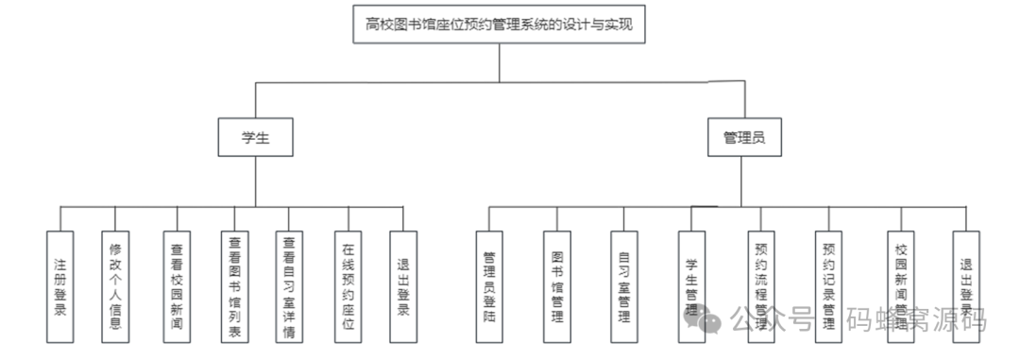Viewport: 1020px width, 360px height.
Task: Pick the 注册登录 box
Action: [x=60, y=286]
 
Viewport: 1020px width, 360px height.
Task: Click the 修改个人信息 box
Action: [x=115, y=286]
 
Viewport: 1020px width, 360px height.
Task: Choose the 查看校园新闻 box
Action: [x=177, y=286]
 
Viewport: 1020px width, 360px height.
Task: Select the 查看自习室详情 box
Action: [x=290, y=286]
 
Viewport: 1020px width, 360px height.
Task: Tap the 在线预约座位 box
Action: [x=348, y=286]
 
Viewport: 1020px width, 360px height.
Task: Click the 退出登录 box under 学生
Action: [x=403, y=286]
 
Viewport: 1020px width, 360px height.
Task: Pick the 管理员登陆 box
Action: [x=489, y=286]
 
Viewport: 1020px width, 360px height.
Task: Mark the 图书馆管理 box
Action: [x=557, y=286]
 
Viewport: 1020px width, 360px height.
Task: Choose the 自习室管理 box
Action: [x=623, y=286]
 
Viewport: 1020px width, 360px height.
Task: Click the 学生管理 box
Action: [x=691, y=286]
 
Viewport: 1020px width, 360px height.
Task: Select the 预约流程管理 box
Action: [x=761, y=286]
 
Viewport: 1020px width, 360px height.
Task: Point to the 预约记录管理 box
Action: [x=829, y=286]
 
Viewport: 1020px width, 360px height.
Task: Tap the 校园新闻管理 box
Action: [x=899, y=286]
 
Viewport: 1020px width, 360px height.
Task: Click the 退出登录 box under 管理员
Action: [x=966, y=286]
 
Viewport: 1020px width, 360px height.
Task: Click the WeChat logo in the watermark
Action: [x=710, y=320]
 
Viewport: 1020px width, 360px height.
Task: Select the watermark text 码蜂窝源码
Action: [x=916, y=320]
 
